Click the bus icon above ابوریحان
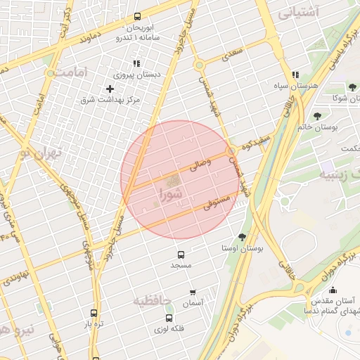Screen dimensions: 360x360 [x=136, y=16]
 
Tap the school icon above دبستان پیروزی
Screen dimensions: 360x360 [x=136, y=63]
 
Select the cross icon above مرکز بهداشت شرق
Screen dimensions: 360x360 [x=110, y=89]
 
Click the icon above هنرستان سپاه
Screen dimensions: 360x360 [x=296, y=74]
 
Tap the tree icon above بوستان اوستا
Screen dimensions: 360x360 [x=243, y=237]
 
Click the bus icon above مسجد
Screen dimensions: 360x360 [x=181, y=255]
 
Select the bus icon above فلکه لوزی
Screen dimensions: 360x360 [x=169, y=318]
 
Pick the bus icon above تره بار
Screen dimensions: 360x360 [x=94, y=314]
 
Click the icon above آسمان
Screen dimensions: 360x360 [x=193, y=292]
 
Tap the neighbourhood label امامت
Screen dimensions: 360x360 [x=74, y=72]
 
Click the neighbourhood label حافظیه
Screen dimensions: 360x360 [x=153, y=301]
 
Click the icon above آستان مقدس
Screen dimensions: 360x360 [x=333, y=290]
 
